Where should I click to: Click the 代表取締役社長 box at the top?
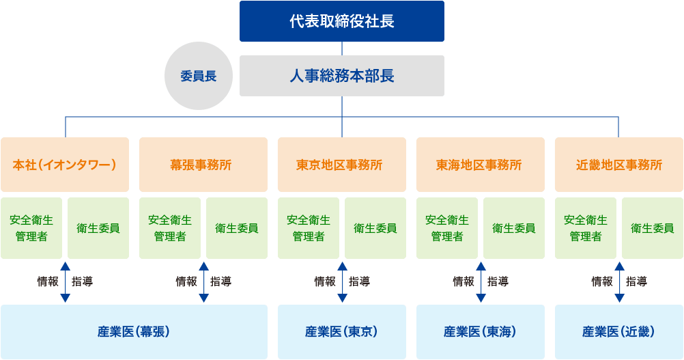tap(341, 21)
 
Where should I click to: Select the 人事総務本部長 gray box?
tap(341, 76)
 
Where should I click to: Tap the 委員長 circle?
tap(199, 76)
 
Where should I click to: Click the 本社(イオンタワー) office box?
tap(65, 165)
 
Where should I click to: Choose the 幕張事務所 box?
tap(203, 165)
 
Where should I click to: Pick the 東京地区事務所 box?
tap(342, 165)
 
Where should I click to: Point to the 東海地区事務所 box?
tap(481, 165)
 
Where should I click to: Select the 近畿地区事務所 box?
tap(619, 165)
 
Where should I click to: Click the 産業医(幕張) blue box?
tap(134, 332)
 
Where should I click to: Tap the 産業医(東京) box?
tap(342, 332)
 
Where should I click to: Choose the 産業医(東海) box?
tap(481, 332)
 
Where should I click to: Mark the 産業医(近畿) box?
tap(619, 332)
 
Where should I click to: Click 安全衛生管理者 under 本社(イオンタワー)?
tap(31, 228)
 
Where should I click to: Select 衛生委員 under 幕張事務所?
tap(237, 228)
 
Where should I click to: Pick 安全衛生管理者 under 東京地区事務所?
tap(309, 228)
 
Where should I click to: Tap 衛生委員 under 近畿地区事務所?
tap(653, 228)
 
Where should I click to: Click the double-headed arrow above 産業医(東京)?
tap(342, 281)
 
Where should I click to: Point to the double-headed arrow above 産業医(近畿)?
tap(619, 281)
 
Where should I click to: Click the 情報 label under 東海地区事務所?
tap(464, 281)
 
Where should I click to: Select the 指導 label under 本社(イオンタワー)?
tap(82, 281)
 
